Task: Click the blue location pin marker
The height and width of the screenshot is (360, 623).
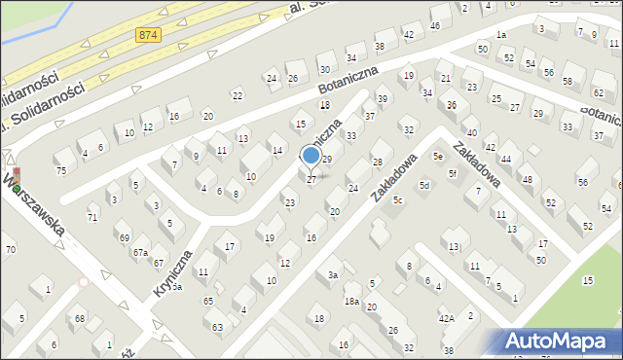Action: point(311,156)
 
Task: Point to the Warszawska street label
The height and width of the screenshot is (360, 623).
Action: point(35,206)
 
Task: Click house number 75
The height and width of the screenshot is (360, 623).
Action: point(60,171)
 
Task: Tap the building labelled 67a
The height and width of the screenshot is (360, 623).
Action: point(140,252)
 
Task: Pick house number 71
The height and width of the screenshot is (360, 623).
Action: point(92,218)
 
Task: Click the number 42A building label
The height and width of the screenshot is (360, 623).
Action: point(446,318)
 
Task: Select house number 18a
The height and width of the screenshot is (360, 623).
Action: point(351,302)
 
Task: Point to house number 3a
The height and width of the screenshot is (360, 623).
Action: point(332,275)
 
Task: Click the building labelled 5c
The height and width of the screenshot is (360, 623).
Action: point(398,200)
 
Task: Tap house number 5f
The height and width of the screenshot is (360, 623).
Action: point(453,174)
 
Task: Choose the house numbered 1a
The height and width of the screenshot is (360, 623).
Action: point(500,35)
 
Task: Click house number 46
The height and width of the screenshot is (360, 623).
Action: point(434,25)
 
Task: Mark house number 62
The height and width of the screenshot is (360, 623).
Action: point(599,92)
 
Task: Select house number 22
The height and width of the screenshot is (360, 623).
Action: point(237,95)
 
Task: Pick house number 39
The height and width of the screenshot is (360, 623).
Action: point(383,99)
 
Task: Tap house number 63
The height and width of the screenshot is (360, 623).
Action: point(217,327)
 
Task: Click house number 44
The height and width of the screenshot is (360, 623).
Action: point(505,159)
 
